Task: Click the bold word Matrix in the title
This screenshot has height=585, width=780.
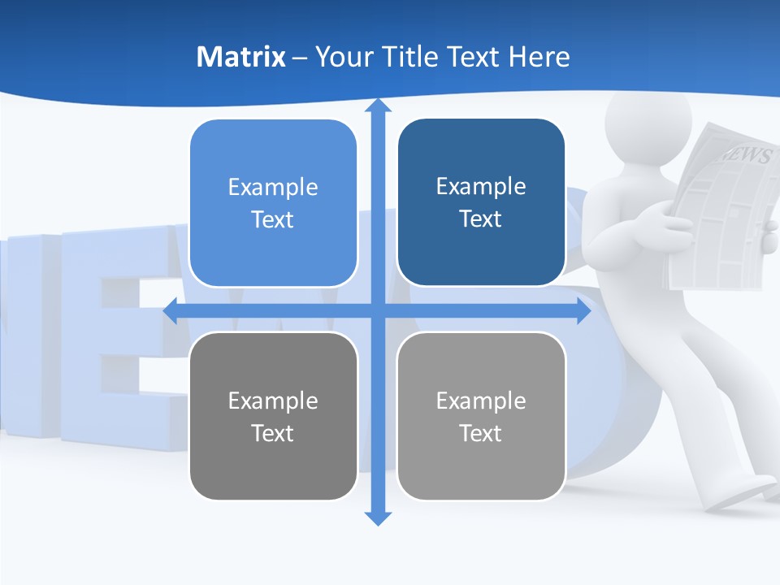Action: [240, 57]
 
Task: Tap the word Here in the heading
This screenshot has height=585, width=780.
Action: [539, 57]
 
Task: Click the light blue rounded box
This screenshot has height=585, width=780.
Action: [273, 203]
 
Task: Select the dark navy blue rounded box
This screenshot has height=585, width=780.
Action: [481, 202]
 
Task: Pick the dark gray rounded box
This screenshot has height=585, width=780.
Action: [273, 416]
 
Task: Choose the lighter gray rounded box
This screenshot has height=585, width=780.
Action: [481, 416]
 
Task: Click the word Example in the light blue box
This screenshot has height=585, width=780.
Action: [273, 187]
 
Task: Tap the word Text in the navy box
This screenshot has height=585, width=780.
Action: [481, 219]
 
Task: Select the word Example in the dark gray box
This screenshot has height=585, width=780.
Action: [273, 401]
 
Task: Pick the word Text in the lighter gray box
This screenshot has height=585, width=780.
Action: [481, 433]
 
